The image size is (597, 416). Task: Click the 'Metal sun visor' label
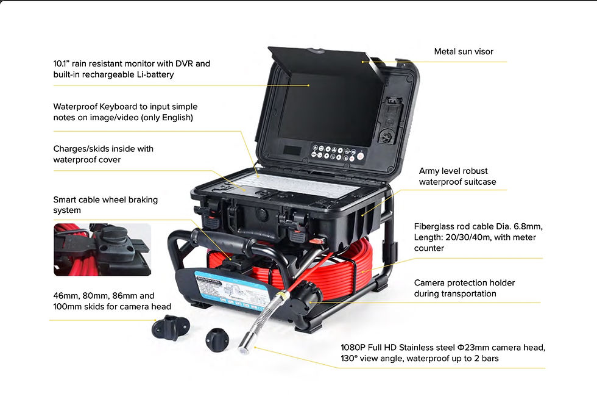[464, 52]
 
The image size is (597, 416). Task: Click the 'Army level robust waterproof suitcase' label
[457, 176]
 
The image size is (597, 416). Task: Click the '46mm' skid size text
[65, 295]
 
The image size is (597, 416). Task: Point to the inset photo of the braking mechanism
[102, 249]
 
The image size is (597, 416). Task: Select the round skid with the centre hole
[217, 337]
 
